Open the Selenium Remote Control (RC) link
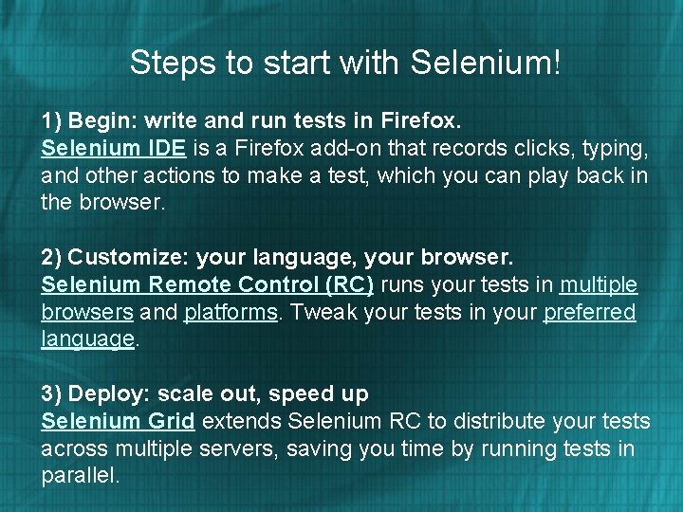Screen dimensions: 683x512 point(208,285)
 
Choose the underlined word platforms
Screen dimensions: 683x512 point(231,313)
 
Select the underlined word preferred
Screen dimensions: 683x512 point(589,313)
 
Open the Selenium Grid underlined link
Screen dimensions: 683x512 point(118,421)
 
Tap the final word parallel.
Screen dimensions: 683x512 point(80,476)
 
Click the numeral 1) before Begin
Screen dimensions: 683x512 point(51,121)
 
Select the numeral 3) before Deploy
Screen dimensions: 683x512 point(51,393)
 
